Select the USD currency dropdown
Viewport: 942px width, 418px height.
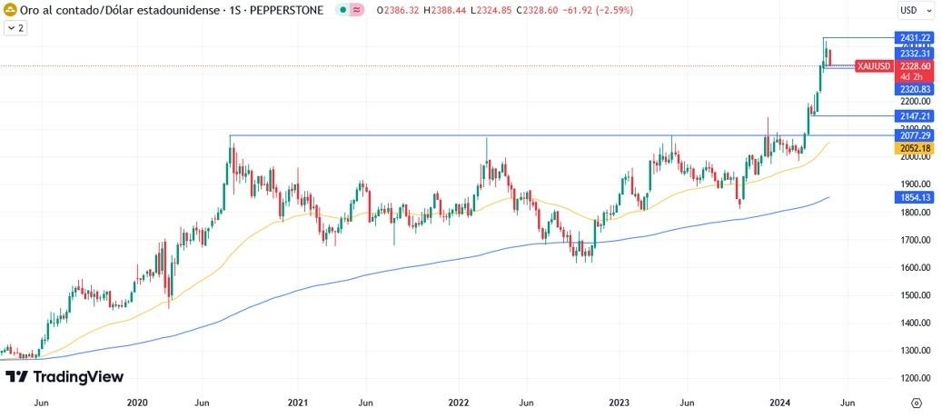[x=915, y=10]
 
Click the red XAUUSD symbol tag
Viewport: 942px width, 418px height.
[x=873, y=66]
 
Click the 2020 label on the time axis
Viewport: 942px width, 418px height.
[x=137, y=402]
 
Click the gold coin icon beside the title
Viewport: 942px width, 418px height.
[x=9, y=10]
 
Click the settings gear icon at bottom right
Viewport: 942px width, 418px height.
[x=916, y=402]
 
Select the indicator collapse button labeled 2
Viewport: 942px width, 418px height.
[x=15, y=28]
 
